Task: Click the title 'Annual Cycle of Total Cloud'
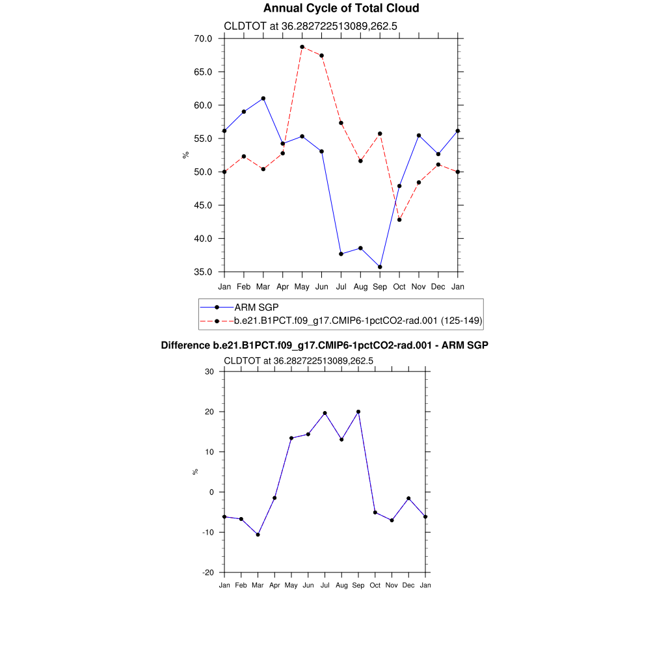click(x=341, y=8)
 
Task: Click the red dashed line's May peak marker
click(x=302, y=47)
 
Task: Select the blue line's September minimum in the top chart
click(x=380, y=267)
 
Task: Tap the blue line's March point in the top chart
click(x=263, y=98)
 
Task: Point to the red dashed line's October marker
click(x=399, y=220)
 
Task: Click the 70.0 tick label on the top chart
click(x=203, y=38)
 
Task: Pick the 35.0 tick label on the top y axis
click(x=203, y=272)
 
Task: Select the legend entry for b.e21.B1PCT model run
click(x=358, y=321)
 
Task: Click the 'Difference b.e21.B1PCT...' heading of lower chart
click(x=325, y=345)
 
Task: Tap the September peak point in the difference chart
click(x=358, y=412)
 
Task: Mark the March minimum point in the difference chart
click(x=258, y=535)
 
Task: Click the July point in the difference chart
click(x=325, y=413)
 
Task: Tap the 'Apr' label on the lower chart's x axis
click(x=274, y=585)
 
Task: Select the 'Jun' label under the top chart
click(x=321, y=286)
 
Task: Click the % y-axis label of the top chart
click(x=186, y=155)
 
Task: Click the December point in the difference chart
click(x=408, y=498)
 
